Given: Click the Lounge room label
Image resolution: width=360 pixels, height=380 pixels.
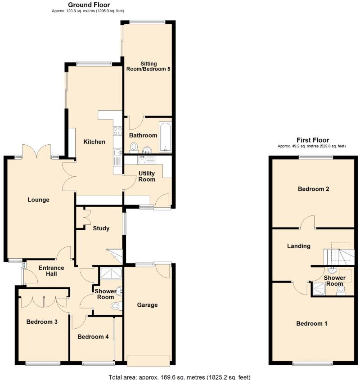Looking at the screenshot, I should click(x=38, y=200).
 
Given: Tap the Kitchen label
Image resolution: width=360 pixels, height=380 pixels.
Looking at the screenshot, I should click(x=94, y=142).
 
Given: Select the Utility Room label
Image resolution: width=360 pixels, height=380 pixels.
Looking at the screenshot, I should click(x=147, y=176).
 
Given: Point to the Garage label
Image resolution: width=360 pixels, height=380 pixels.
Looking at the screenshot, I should click(x=147, y=305).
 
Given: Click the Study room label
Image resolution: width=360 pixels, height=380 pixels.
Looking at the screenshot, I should click(x=101, y=228).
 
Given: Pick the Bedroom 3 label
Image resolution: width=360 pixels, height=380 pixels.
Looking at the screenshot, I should click(x=42, y=322).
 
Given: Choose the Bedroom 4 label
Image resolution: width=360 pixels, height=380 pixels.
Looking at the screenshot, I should click(x=93, y=336).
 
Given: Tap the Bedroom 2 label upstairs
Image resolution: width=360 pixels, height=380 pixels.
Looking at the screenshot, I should click(x=314, y=189).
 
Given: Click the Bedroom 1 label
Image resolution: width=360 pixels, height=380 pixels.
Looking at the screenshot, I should click(x=311, y=323).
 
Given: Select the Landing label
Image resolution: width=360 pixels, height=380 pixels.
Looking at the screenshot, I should click(x=299, y=246).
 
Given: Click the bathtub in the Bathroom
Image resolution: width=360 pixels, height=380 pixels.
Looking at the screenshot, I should click(x=166, y=136).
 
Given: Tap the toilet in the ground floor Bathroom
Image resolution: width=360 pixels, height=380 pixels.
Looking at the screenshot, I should click(x=134, y=147).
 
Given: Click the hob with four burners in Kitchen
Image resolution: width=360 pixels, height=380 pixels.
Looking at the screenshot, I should click(x=118, y=131).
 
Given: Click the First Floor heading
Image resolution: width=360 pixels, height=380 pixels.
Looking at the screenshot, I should click(x=312, y=140).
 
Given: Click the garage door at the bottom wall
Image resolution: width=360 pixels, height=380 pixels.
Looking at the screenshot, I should click(x=148, y=360).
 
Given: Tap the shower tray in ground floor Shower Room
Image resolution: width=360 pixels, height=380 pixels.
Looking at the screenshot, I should click(x=108, y=273).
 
